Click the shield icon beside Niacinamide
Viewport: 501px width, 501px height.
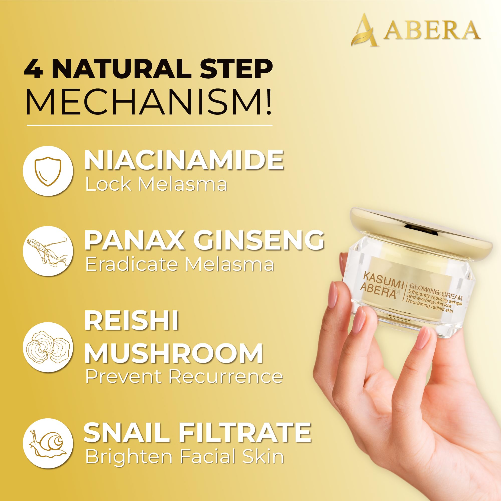pyautogui.click(x=48, y=171)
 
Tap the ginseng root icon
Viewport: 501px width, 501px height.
pyautogui.click(x=48, y=251)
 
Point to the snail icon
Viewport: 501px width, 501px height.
pyautogui.click(x=48, y=444)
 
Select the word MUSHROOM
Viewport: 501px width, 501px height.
pyautogui.click(x=173, y=353)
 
